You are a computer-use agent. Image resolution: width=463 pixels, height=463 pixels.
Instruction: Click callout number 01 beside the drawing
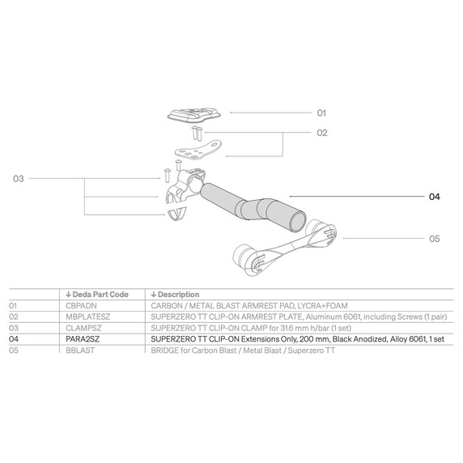pyautogui.click(x=321, y=113)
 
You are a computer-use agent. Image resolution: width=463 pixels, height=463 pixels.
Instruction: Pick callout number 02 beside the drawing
pyautogui.click(x=321, y=132)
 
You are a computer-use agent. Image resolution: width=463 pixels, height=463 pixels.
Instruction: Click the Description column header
pyautogui.click(x=175, y=294)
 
